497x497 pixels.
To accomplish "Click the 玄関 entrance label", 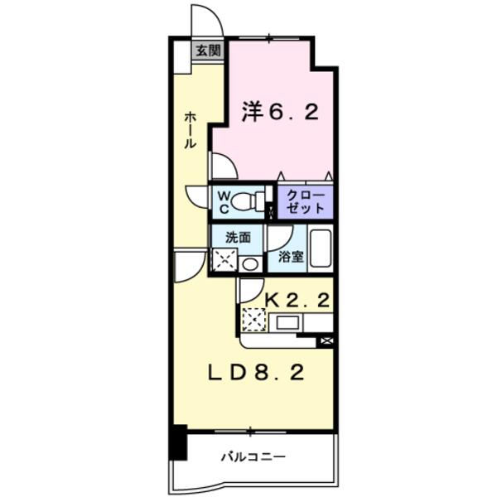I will pos(207,51).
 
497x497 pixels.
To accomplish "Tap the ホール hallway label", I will pos(190,131).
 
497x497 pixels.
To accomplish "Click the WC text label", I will pos(223,200).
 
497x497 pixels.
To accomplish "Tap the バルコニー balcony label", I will pos(253,456).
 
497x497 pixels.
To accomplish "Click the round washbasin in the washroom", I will pos(249,264).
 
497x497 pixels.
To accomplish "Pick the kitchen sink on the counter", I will pos(290,321).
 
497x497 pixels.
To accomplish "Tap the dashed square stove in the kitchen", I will pos(253,320).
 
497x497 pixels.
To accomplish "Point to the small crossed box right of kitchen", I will pos(326,340).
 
